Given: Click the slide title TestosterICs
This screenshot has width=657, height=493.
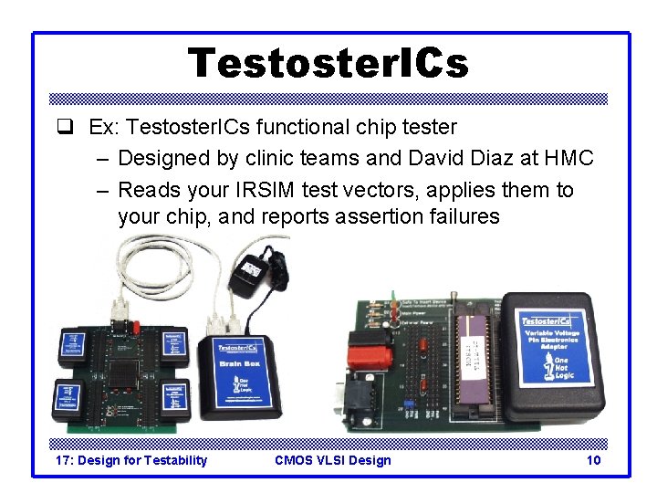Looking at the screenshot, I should click(x=328, y=64).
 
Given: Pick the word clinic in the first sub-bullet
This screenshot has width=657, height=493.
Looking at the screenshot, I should click(x=276, y=158).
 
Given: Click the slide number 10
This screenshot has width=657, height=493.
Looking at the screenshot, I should click(x=593, y=460).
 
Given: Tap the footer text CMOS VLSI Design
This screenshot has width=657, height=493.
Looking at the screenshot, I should click(x=332, y=460).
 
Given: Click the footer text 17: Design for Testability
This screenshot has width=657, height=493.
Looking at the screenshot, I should click(x=131, y=460).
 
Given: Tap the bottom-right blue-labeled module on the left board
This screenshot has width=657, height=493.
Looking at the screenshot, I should click(x=173, y=399).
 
